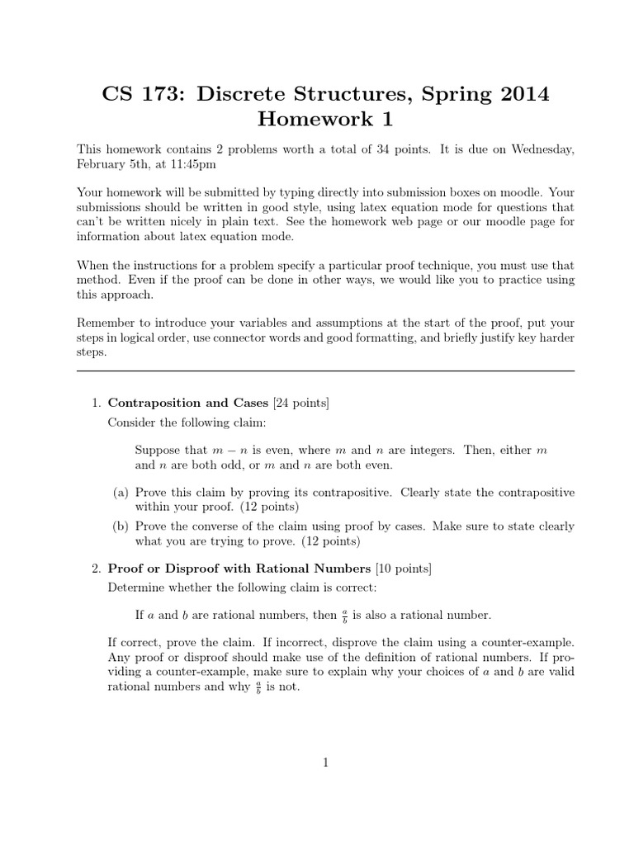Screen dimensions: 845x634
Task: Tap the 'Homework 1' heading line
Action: (x=325, y=120)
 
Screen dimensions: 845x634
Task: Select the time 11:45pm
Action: (x=218, y=164)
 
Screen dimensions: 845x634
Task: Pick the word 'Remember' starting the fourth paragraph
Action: (x=106, y=323)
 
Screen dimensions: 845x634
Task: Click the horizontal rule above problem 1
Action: (x=325, y=371)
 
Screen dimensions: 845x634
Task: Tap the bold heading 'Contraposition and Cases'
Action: (x=188, y=403)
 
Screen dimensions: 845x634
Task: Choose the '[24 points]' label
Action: (x=300, y=403)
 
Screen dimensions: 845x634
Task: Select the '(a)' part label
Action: (x=121, y=492)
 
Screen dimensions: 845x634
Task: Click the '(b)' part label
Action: (x=121, y=526)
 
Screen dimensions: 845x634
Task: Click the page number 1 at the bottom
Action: (x=325, y=763)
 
